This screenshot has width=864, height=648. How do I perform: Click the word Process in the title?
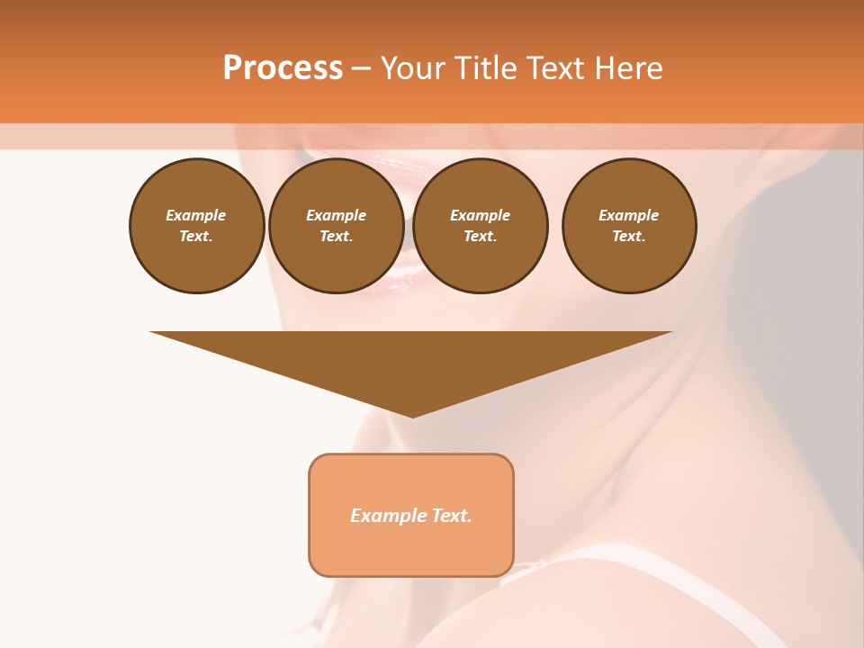[x=283, y=68]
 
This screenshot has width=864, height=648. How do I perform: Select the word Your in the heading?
[x=412, y=68]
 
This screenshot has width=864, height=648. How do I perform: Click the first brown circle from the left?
[x=197, y=226]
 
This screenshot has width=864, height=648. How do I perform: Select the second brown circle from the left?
[x=337, y=226]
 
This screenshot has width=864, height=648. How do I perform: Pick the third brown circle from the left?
[x=481, y=226]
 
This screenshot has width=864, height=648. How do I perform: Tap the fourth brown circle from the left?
[x=629, y=226]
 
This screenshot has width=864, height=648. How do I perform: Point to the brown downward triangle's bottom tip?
[x=412, y=415]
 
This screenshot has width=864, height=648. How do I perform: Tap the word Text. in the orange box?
[x=452, y=516]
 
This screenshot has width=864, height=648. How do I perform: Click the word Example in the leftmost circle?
[x=196, y=215]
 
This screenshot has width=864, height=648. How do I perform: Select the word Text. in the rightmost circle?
[x=629, y=237]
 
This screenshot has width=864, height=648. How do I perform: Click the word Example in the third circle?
[x=481, y=215]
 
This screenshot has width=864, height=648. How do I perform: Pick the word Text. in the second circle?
[x=337, y=237]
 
